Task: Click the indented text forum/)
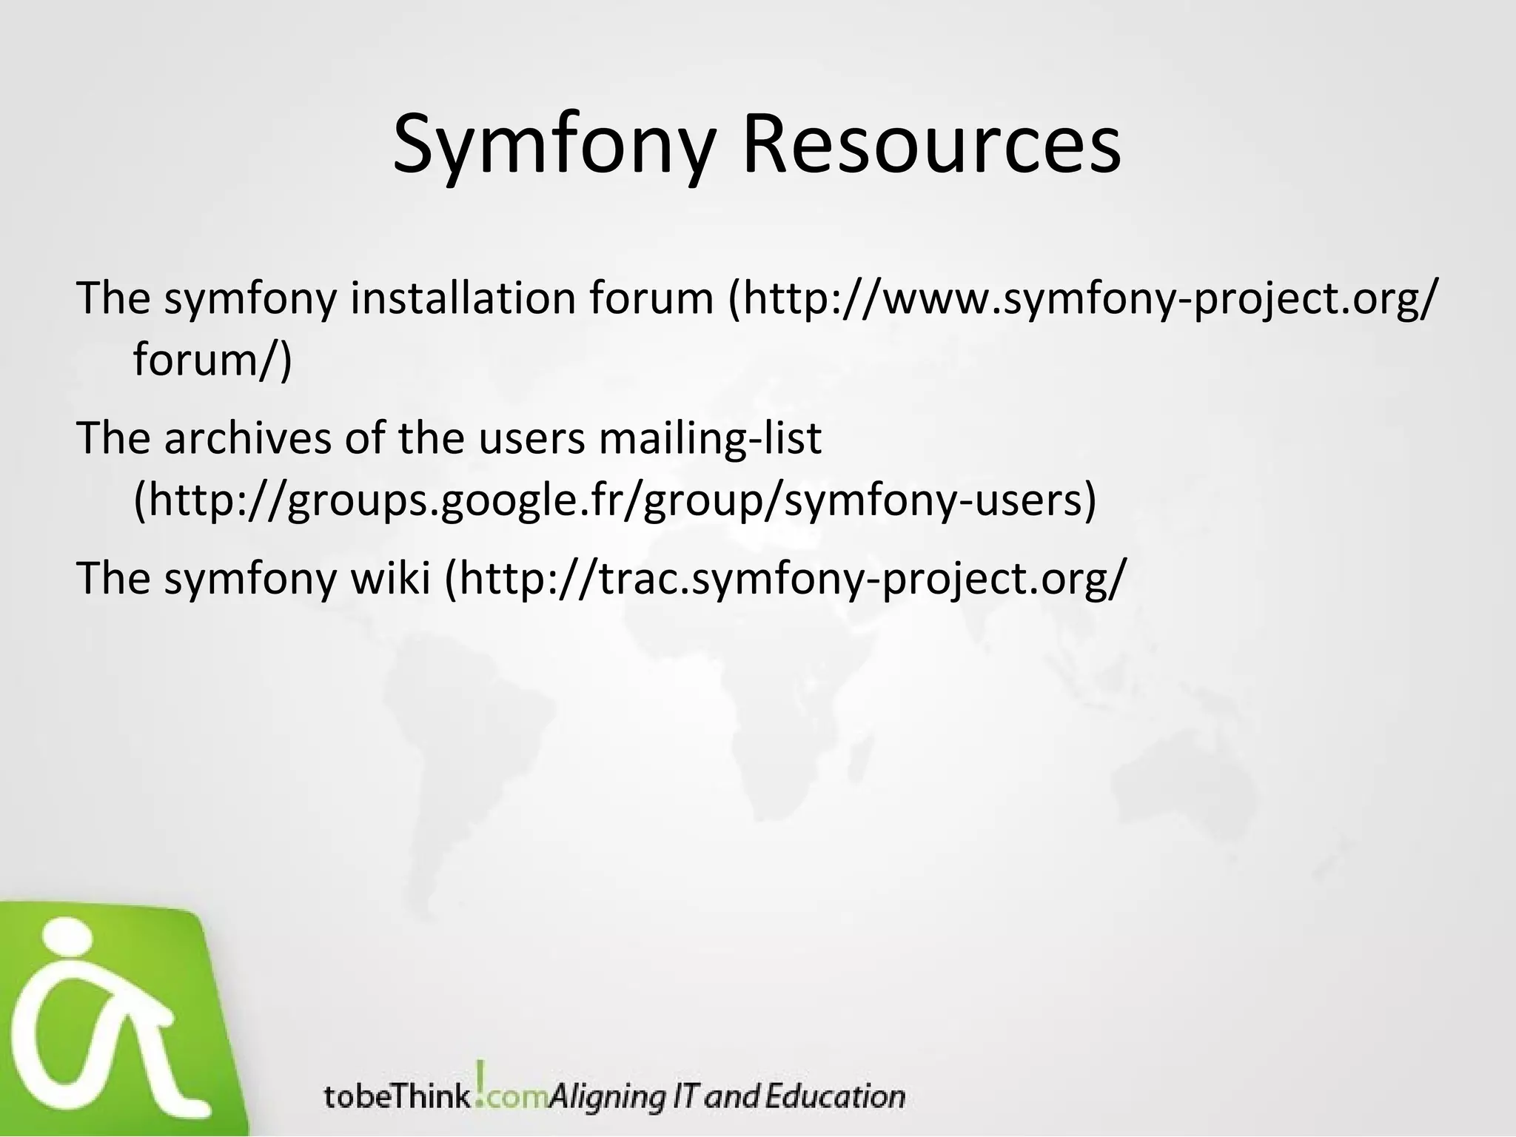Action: [212, 360]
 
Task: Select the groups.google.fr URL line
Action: [614, 500]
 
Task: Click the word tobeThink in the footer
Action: [396, 1096]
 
